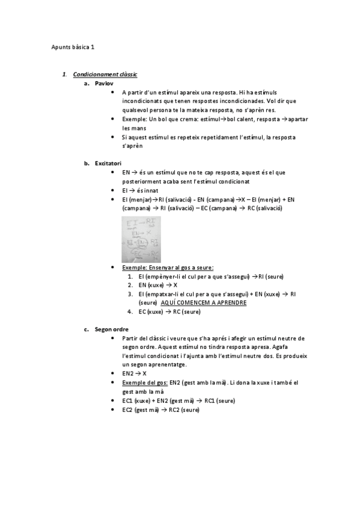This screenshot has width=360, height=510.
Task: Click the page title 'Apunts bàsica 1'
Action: pyautogui.click(x=73, y=46)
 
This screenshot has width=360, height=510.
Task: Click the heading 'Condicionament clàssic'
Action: pyautogui.click(x=105, y=75)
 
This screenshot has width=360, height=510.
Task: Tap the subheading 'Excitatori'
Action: pyautogui.click(x=108, y=163)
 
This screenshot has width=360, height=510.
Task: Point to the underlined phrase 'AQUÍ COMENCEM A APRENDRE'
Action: pyautogui.click(x=204, y=303)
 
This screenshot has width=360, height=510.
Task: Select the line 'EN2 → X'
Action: pyautogui.click(x=135, y=373)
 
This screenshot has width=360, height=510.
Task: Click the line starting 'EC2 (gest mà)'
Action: pyautogui.click(x=160, y=410)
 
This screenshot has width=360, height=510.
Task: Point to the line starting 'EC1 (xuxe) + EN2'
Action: pyautogui.click(x=178, y=401)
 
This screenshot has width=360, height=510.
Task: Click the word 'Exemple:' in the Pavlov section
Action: pyautogui.click(x=133, y=119)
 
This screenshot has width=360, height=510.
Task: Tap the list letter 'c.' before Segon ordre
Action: pyautogui.click(x=87, y=329)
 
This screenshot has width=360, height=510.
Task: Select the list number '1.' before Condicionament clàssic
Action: pyautogui.click(x=64, y=75)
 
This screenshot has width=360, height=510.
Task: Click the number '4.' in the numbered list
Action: pyautogui.click(x=130, y=312)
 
